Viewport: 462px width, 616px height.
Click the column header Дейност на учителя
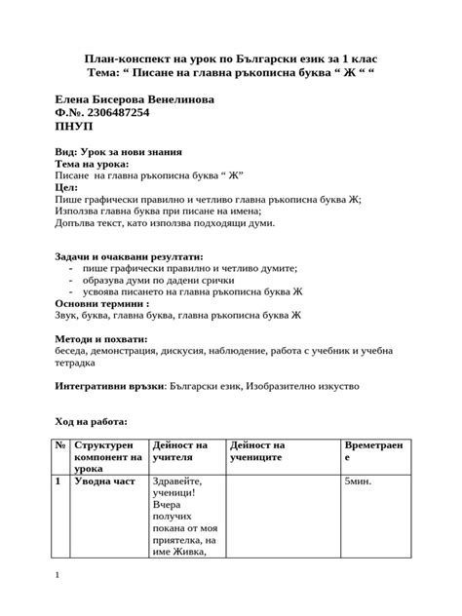coord(179,451)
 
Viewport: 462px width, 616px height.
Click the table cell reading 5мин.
coord(358,481)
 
